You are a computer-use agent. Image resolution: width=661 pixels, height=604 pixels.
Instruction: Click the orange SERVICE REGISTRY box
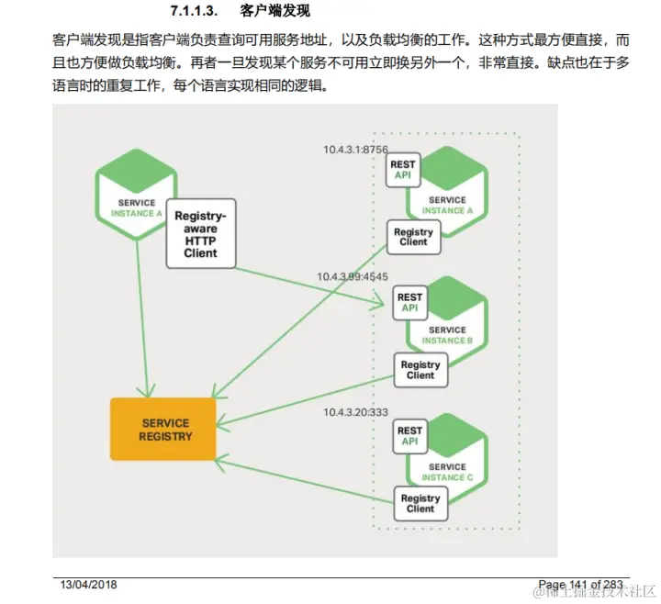pyautogui.click(x=163, y=429)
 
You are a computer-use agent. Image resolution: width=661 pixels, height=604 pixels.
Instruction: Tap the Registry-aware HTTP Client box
pyautogui.click(x=200, y=233)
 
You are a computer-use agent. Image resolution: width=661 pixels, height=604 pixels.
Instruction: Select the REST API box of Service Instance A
pyautogui.click(x=403, y=170)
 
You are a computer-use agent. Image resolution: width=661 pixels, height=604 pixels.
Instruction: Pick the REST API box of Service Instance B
pyautogui.click(x=409, y=302)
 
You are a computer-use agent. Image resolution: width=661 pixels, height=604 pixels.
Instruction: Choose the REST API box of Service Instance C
pyautogui.click(x=409, y=435)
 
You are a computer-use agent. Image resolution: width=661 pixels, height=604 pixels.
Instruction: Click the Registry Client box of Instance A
pyautogui.click(x=413, y=237)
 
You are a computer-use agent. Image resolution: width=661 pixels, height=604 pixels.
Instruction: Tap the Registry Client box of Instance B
pyautogui.click(x=420, y=369)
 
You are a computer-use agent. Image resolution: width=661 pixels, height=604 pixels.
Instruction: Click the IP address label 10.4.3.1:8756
pyautogui.click(x=355, y=149)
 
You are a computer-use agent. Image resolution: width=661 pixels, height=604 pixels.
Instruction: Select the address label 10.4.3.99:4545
pyautogui.click(x=353, y=276)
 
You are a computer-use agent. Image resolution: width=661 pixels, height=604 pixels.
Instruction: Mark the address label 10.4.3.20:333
pyautogui.click(x=353, y=410)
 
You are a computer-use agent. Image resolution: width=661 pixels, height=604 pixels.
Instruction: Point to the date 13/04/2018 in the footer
pyautogui.click(x=89, y=585)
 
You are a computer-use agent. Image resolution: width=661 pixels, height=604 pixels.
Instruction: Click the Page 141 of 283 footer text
pyautogui.click(x=580, y=585)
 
